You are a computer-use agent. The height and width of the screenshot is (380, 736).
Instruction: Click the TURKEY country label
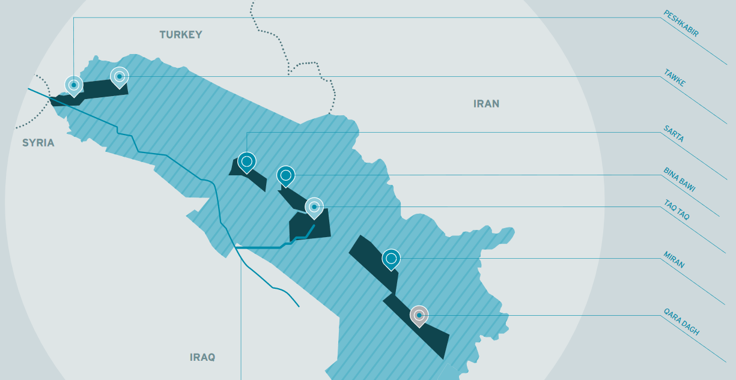click(x=181, y=35)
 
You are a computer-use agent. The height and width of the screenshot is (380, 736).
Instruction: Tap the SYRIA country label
click(x=38, y=143)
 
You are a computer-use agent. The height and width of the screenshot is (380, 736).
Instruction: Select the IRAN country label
click(x=486, y=104)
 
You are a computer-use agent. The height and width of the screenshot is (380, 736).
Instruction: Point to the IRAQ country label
click(x=202, y=357)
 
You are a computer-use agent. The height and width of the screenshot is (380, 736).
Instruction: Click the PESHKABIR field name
click(x=681, y=24)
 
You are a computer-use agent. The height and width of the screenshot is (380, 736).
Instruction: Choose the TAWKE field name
click(x=674, y=78)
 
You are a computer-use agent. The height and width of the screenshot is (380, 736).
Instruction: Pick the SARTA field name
click(x=674, y=133)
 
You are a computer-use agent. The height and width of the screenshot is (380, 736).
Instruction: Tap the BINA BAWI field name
click(x=679, y=179)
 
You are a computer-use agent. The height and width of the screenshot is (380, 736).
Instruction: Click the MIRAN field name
click(x=674, y=260)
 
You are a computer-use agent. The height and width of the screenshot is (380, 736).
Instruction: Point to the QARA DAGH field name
click(x=681, y=321)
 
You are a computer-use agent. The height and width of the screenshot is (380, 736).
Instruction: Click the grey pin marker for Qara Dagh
click(x=419, y=315)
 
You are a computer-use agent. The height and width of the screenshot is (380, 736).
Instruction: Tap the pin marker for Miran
click(x=391, y=259)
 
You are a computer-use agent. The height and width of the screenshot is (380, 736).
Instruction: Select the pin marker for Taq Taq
click(x=314, y=207)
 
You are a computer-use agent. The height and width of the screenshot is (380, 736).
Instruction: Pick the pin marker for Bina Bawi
click(x=286, y=176)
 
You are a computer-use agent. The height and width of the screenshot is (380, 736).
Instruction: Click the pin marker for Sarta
click(x=246, y=161)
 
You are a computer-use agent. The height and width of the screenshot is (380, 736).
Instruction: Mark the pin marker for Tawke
click(x=120, y=76)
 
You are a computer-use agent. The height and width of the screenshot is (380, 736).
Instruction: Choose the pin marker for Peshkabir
click(x=73, y=85)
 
